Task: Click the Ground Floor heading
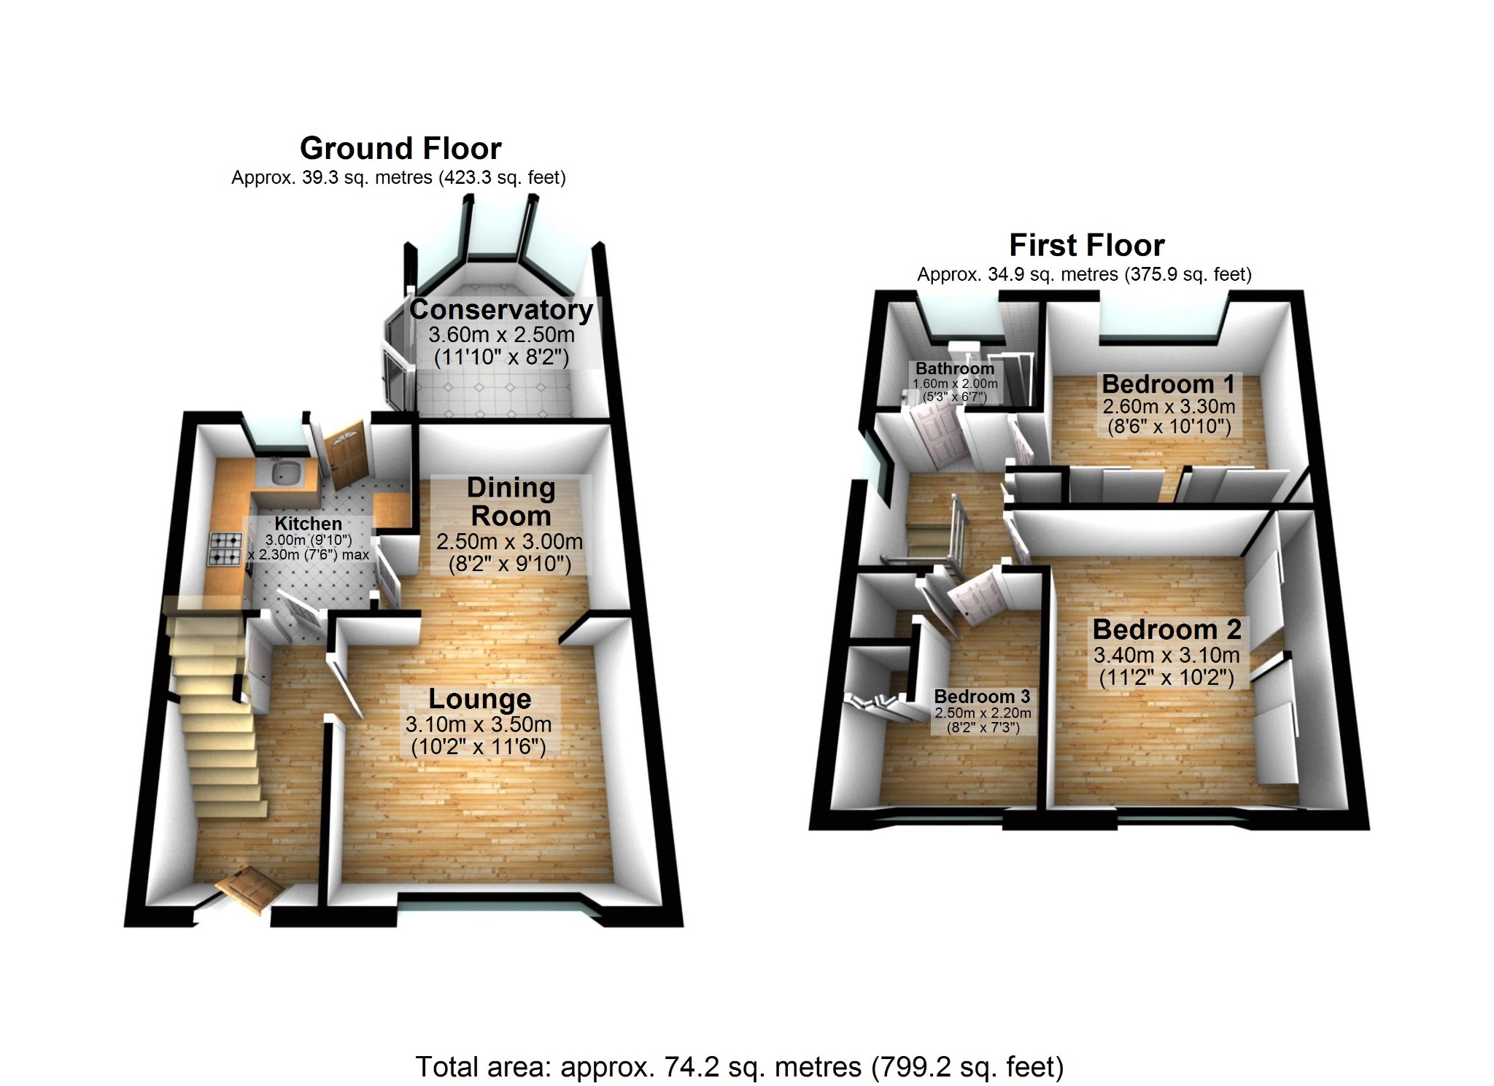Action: click(400, 149)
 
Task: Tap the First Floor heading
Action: click(1086, 246)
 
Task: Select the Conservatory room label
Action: click(500, 310)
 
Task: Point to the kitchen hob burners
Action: click(225, 549)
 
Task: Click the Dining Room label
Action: click(511, 502)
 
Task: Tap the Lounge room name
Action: click(479, 699)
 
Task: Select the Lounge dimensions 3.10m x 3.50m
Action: click(479, 725)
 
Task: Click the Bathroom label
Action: click(954, 368)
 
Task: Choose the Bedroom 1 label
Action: click(1168, 384)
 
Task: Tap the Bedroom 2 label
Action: click(1166, 629)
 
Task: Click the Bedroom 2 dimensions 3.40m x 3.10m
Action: click(1166, 655)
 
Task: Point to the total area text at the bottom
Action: click(739, 1067)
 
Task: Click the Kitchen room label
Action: click(308, 524)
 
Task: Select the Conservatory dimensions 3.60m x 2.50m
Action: click(501, 335)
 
